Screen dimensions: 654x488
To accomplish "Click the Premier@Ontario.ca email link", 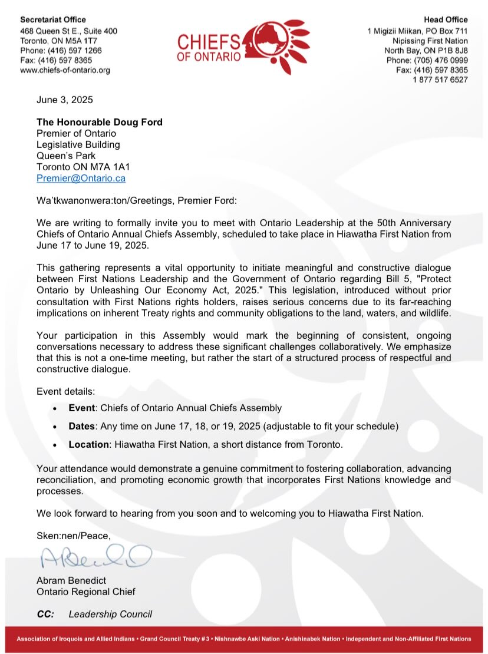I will point(81,178).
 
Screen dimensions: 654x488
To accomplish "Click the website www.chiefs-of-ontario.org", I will point(65,70).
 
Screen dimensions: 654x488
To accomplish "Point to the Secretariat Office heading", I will point(52,20).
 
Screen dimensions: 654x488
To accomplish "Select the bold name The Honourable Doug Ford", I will point(99,123).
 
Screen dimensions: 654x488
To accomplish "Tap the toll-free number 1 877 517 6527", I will point(440,80).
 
